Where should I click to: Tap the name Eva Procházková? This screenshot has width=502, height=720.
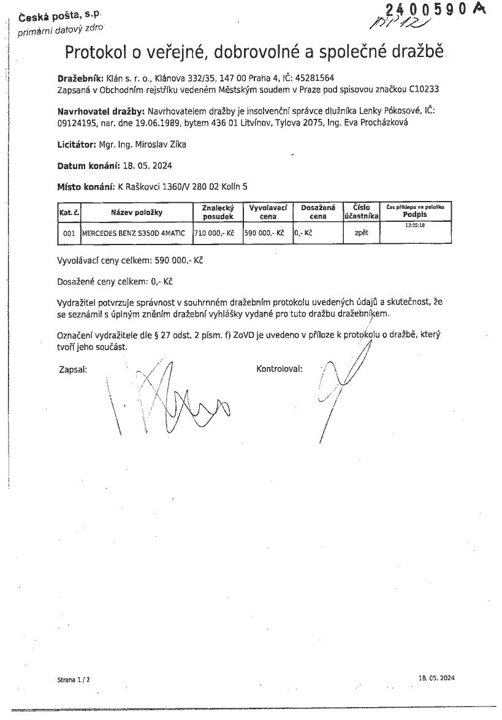click(x=379, y=123)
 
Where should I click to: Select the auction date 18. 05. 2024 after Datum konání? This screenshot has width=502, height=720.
click(x=146, y=166)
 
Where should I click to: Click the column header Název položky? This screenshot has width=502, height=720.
click(x=136, y=212)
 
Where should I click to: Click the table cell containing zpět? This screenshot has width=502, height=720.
click(x=361, y=233)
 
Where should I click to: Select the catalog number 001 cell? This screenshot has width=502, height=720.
click(x=69, y=233)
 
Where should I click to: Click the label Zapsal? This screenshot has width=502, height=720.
click(x=73, y=369)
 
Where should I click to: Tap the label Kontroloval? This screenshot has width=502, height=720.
click(x=280, y=369)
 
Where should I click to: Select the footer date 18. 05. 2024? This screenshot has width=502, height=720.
click(x=436, y=678)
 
